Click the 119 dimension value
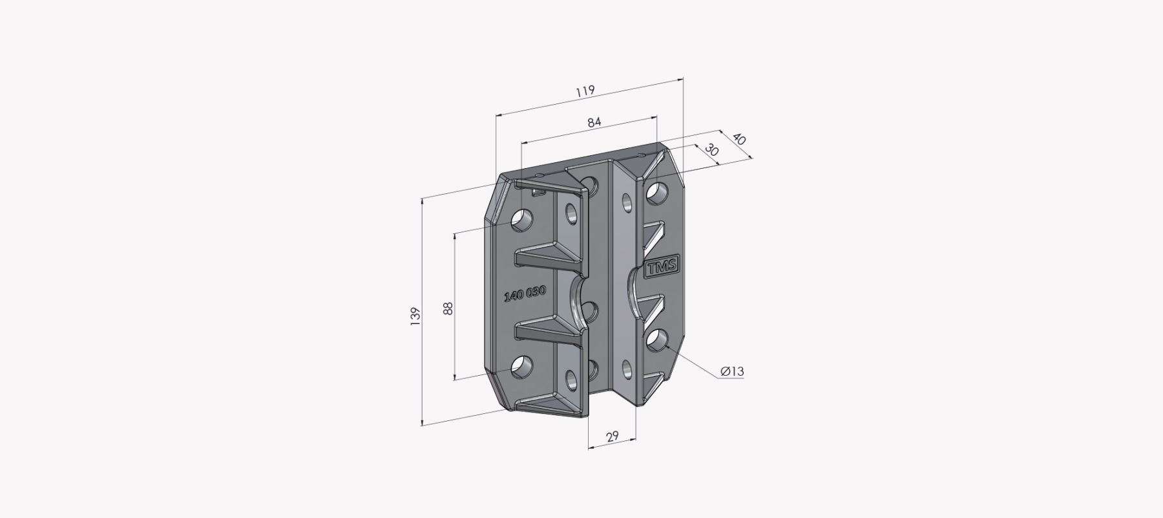click(x=585, y=91)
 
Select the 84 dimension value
click(x=594, y=122)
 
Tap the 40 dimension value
click(x=739, y=140)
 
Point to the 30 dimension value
click(x=712, y=150)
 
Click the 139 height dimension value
click(x=415, y=316)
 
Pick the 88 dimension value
click(x=448, y=308)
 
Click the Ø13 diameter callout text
click(x=732, y=371)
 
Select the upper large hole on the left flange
click(x=522, y=220)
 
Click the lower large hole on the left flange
click(x=522, y=367)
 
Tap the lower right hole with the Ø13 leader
click(x=657, y=340)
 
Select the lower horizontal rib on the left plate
click(x=551, y=328)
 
